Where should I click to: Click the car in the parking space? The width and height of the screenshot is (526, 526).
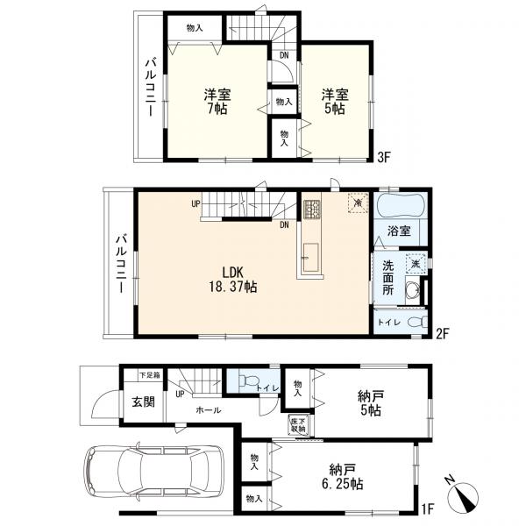[154, 473]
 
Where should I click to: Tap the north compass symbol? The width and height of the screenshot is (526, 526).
[464, 495]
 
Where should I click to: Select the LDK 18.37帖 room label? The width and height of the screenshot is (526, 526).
[233, 280]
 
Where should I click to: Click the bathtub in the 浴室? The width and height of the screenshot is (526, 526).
[402, 206]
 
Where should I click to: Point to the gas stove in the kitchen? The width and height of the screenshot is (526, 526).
[311, 210]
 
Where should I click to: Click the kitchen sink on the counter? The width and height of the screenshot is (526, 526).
[311, 257]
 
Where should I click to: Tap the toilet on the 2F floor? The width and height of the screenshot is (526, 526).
[417, 323]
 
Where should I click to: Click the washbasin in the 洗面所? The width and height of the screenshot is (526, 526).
[413, 288]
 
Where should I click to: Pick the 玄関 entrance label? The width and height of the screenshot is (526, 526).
[143, 402]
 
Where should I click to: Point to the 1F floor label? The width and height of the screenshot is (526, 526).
[427, 510]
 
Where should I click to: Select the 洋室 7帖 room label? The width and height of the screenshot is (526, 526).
[217, 102]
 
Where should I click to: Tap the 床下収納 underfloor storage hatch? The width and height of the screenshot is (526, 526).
[298, 425]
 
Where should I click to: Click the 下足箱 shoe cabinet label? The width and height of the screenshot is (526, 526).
[150, 375]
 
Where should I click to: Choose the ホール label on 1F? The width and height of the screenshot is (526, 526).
[208, 410]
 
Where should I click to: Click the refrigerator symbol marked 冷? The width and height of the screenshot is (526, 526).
[358, 203]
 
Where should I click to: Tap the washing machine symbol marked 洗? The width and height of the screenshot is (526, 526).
[416, 264]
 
